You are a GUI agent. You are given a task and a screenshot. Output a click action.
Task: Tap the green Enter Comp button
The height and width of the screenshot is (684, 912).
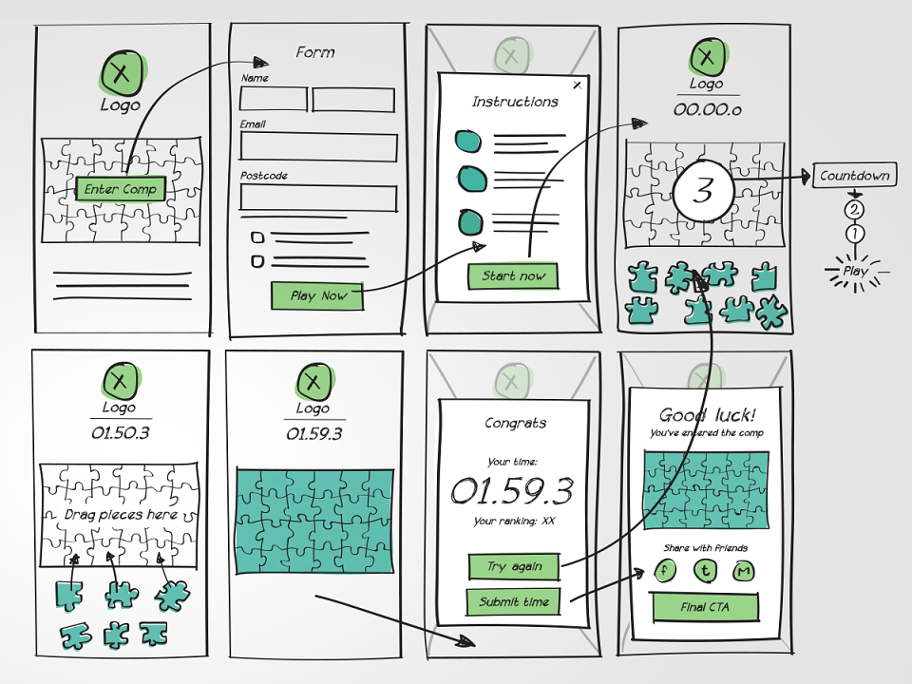tap(121, 188)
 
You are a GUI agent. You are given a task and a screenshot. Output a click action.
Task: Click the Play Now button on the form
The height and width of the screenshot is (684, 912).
tap(317, 295)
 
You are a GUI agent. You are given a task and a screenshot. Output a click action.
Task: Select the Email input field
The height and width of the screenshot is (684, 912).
tap(318, 146)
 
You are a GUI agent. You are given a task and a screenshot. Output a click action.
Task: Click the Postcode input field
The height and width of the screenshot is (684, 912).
tap(318, 198)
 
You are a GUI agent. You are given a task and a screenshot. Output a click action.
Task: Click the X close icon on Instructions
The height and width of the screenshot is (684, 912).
tap(577, 85)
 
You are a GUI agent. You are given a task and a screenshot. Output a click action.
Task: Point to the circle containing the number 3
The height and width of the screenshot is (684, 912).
tap(703, 190)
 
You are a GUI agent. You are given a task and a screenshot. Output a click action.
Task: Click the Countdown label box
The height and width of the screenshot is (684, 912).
tap(854, 175)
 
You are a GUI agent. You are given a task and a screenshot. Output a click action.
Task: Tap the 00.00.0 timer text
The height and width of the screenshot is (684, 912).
tap(707, 109)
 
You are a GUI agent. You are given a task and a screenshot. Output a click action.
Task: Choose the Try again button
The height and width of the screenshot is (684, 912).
tap(514, 566)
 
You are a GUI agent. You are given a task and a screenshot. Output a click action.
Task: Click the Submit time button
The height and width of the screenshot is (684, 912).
tap(514, 602)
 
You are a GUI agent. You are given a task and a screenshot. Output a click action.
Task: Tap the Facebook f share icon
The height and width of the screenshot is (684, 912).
tap(665, 571)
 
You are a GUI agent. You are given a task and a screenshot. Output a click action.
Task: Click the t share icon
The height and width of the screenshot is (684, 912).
tap(705, 571)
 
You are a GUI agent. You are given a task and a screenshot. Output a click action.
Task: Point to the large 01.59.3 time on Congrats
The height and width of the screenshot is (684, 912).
tap(512, 490)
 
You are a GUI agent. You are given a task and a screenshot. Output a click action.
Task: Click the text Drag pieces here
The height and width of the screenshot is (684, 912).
tap(121, 515)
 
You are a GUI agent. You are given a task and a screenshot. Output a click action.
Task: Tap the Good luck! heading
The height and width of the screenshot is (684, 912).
tap(707, 415)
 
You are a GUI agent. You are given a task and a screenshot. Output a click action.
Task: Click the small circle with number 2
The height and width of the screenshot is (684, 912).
tap(854, 209)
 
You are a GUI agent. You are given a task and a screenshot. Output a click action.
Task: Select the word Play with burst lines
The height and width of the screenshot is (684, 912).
tap(856, 271)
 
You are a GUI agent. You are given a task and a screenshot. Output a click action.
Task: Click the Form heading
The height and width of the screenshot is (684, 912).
tap(315, 52)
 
